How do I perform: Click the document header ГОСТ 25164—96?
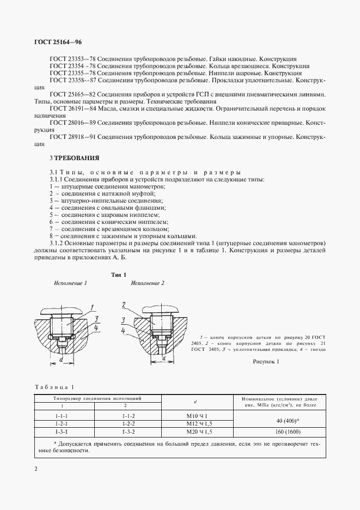[x=58, y=42]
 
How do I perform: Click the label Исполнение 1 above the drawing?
[x=70, y=284]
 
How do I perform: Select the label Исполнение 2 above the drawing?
[x=147, y=284]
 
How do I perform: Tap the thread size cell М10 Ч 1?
[x=194, y=415]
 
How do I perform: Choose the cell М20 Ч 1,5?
[x=194, y=431]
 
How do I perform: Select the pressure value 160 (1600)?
[x=279, y=431]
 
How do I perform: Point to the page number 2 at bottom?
[x=36, y=469]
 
